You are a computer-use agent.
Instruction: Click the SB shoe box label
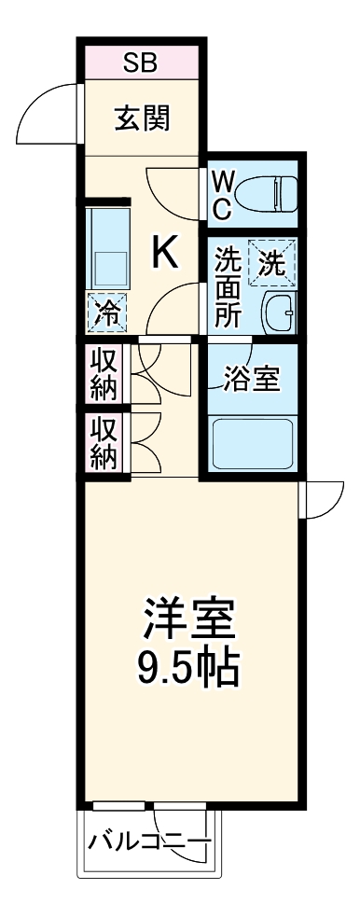point(142,63)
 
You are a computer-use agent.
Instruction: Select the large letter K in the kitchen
point(165,253)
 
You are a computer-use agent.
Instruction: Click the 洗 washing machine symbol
point(271,262)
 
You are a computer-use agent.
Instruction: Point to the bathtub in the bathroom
point(253,444)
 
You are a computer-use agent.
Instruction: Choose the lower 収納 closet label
point(104,443)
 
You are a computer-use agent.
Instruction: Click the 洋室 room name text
point(190,617)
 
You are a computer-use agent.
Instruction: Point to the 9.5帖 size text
point(190,666)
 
